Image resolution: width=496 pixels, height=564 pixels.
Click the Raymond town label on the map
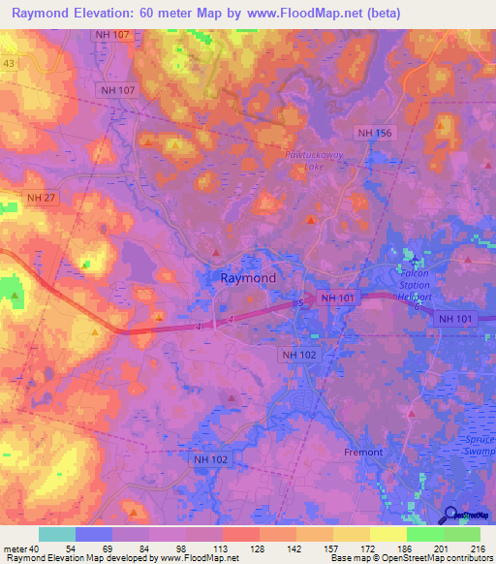pyautogui.click(x=248, y=277)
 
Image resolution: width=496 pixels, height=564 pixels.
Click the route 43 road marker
pyautogui.click(x=9, y=64)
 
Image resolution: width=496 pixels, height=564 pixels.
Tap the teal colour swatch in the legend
pyautogui.click(x=57, y=534)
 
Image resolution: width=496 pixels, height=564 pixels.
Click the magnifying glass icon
pyautogui.click(x=450, y=515)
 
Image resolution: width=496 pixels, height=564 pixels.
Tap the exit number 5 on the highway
pyautogui.click(x=300, y=304)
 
